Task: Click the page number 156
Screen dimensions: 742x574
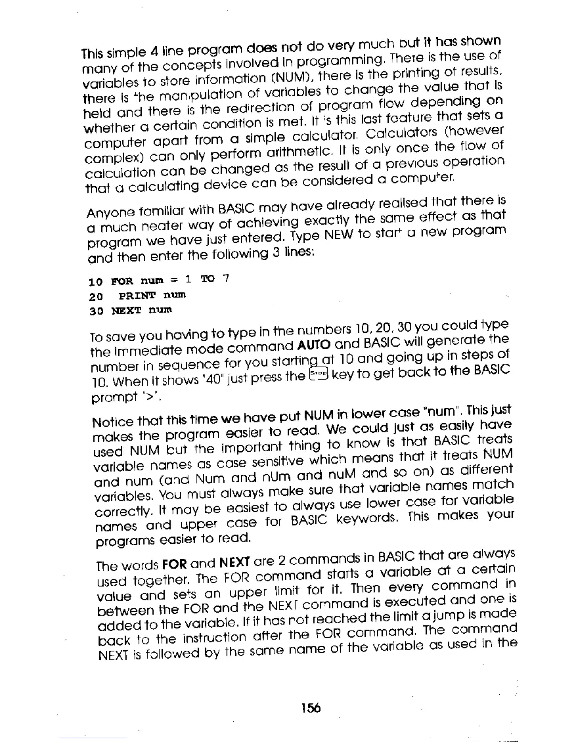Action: (x=311, y=707)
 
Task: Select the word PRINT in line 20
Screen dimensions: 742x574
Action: (x=136, y=296)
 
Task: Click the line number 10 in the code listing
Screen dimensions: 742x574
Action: (x=95, y=282)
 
